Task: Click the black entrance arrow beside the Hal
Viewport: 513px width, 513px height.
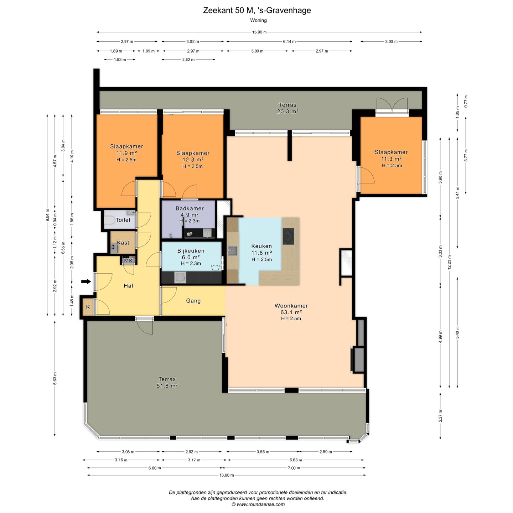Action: pos(86,281)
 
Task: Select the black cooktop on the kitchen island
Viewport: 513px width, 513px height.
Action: pos(288,236)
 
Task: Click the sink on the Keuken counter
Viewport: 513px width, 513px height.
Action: pos(232,251)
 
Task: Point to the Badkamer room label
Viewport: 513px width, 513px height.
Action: pos(190,208)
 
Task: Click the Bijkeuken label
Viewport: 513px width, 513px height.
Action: pos(191,251)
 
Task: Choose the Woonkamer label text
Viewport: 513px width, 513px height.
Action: pos(291,306)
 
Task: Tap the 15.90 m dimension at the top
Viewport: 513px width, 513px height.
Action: pos(259,32)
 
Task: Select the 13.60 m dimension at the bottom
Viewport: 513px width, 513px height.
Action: pos(227,475)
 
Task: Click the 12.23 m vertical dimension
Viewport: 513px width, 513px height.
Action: pos(449,262)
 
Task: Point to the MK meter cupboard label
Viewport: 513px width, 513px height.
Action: pos(128,261)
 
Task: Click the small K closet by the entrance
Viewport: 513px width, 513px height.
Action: pos(88,307)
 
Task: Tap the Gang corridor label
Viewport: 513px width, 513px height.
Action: pos(193,301)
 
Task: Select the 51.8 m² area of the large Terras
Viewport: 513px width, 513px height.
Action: pos(167,386)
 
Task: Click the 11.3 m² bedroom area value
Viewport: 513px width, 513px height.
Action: pos(391,159)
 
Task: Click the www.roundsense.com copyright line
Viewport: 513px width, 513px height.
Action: pos(258,504)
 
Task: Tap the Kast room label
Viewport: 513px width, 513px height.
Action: pos(123,243)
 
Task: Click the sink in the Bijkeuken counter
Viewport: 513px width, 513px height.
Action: pos(180,278)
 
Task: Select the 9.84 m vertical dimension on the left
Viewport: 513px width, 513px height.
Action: pos(47,215)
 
